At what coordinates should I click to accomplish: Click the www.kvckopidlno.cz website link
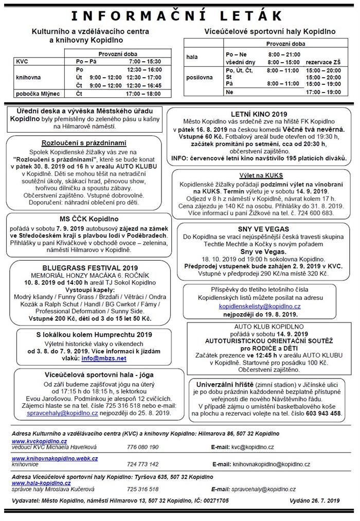coord(39,441)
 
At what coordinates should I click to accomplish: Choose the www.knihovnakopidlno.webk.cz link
coord(55,458)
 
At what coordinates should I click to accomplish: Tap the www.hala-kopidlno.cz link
coord(41,483)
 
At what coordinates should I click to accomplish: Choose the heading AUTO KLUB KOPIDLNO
coord(262,326)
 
